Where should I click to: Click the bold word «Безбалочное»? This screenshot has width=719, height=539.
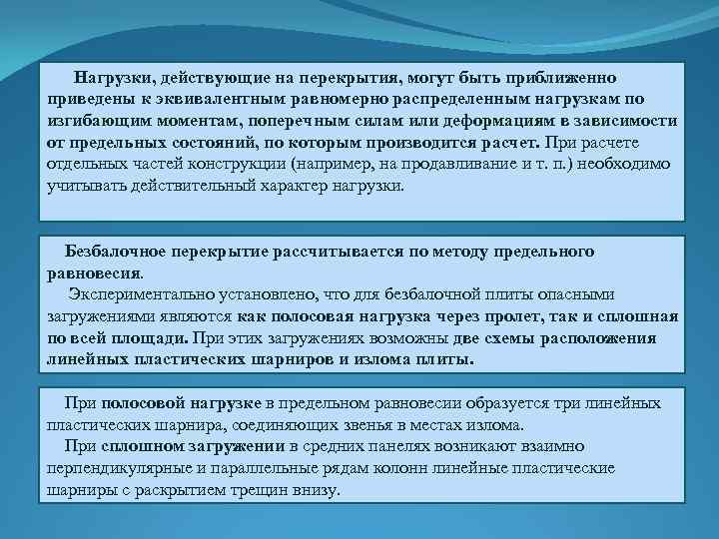tap(110, 250)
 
